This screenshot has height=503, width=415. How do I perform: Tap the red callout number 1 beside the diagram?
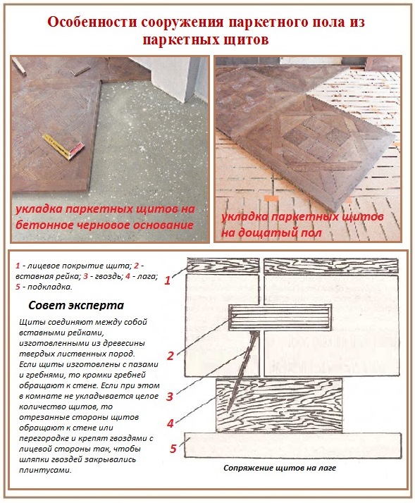167,280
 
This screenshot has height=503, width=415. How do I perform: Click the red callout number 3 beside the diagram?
169,396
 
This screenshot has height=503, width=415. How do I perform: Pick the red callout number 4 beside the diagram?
169,423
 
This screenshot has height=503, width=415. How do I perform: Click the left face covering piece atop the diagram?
222,266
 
